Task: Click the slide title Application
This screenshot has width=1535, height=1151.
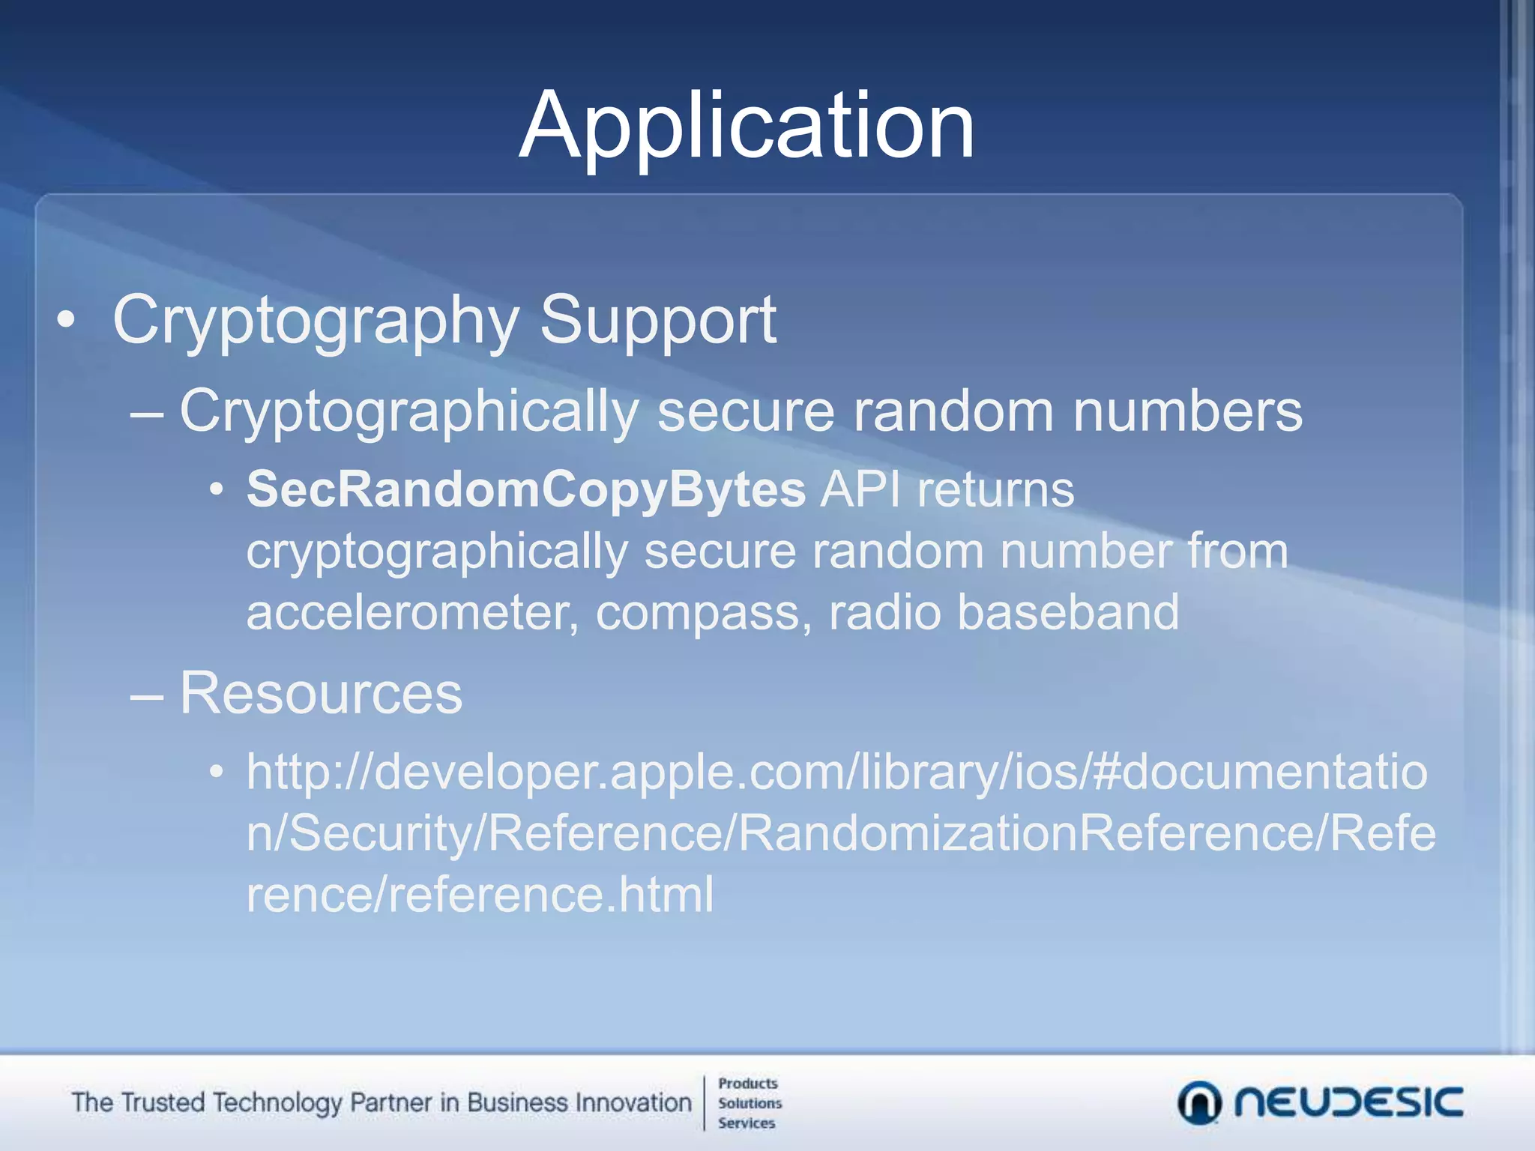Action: tap(747, 126)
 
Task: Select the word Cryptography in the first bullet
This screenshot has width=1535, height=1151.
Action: tap(316, 321)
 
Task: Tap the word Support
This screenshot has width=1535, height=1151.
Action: tap(657, 321)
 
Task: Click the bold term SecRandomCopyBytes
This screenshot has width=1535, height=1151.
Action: tap(526, 490)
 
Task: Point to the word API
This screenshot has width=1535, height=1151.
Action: tap(860, 490)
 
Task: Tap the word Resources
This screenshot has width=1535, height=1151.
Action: tap(321, 693)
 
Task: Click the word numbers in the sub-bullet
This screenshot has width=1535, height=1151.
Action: tap(1188, 411)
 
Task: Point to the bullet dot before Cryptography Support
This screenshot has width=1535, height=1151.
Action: tap(66, 321)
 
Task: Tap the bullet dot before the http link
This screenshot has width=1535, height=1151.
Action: tap(217, 772)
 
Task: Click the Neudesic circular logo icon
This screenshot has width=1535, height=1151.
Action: tap(1199, 1103)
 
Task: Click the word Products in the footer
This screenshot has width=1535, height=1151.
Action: tap(747, 1084)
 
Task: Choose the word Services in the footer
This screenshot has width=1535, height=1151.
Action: tap(747, 1123)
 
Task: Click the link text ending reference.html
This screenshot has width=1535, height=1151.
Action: tap(480, 895)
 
